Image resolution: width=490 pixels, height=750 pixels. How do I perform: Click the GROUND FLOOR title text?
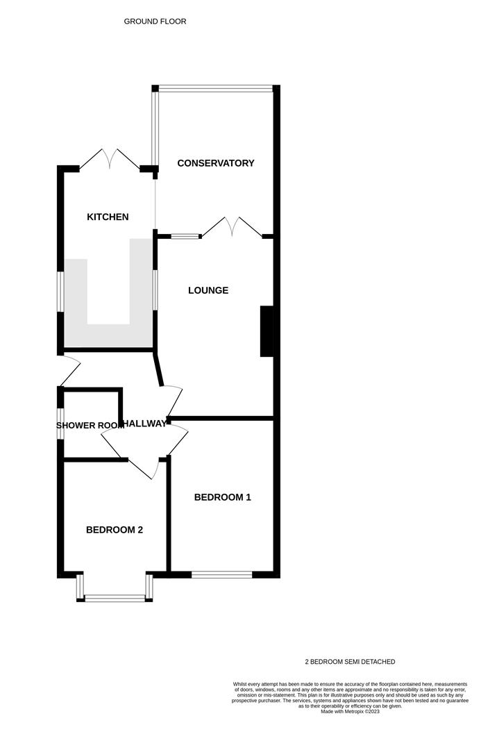click(155, 22)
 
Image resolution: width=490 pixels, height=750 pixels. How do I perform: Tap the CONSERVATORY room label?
click(216, 163)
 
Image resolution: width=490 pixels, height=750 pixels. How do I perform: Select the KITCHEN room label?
click(108, 217)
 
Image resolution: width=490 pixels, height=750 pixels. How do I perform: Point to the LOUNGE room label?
click(208, 290)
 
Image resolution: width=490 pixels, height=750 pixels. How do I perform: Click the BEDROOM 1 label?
click(222, 497)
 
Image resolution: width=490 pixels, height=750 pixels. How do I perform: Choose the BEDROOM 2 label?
click(115, 530)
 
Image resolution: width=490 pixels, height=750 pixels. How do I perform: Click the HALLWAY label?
click(144, 424)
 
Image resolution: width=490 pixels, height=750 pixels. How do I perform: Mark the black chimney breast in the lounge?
click(267, 331)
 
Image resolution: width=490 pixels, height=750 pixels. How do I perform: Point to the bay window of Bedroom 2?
click(115, 596)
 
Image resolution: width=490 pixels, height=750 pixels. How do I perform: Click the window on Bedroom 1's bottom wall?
click(222, 574)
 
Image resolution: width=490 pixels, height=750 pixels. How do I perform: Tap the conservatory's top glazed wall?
click(216, 88)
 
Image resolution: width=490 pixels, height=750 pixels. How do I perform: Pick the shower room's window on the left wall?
click(60, 424)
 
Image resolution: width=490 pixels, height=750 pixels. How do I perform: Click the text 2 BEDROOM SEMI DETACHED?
click(350, 662)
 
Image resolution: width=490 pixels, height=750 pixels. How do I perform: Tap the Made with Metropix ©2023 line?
click(350, 711)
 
